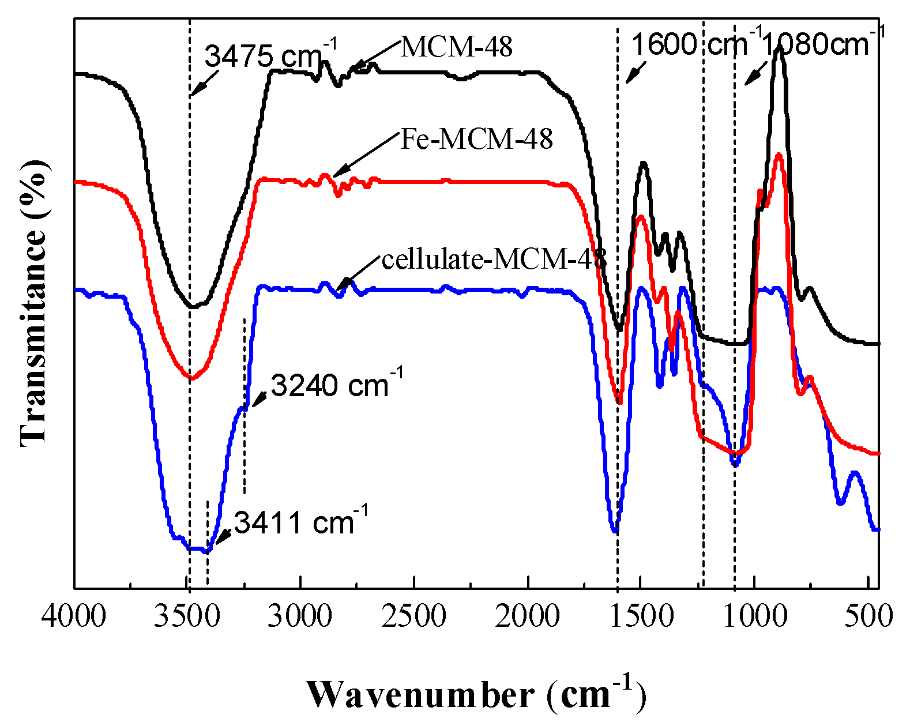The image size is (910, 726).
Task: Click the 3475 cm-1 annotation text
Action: point(270,56)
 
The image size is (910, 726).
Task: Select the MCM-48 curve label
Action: point(456,47)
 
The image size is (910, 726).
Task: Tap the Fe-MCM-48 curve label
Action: point(476,139)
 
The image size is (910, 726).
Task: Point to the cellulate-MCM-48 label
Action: point(494,259)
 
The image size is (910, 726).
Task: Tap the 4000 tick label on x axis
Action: point(74,616)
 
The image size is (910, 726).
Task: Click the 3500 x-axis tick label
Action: point(187,616)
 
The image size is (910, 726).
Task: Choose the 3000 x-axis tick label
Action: point(300,616)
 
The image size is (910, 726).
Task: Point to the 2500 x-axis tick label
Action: point(414,616)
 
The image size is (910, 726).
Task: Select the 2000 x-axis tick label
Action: point(527,616)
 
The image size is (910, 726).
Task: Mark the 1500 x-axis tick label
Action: point(641,616)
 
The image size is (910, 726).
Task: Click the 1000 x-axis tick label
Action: point(754,616)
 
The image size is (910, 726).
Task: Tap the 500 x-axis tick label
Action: point(868,616)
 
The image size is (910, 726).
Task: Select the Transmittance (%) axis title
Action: point(33,303)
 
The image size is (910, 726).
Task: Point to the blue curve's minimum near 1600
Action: point(615,530)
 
